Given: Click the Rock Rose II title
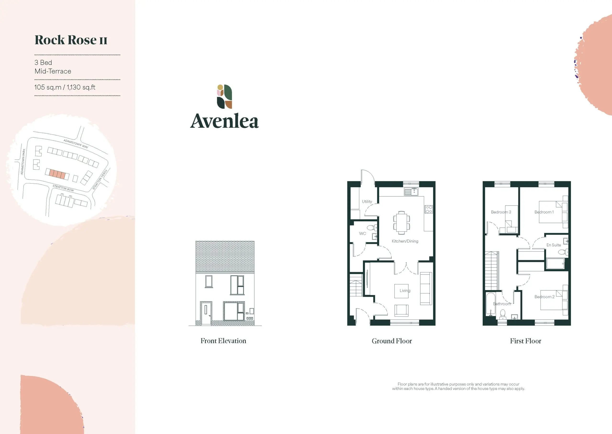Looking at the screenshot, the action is pos(71,40).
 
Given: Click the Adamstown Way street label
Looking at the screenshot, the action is pos(76,144).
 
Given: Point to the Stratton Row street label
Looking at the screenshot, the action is pos(63,188).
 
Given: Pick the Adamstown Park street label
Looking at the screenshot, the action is pos(23,162).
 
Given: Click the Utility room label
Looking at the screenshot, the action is pos(367,202).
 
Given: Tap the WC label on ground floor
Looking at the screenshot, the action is pos(362,234).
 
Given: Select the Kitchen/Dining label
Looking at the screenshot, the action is pos(405,241).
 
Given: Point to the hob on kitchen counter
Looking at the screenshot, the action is pos(429,209).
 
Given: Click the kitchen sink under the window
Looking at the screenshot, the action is pos(411,192).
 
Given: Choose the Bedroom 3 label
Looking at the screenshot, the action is pos(501,212).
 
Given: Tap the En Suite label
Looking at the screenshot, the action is pos(553,245).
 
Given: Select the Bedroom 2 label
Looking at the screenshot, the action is pos(544,297).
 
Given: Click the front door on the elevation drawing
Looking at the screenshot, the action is pos(206,314).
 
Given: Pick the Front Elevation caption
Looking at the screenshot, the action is pos(223,341).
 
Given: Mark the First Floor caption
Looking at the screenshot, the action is pos(525,341).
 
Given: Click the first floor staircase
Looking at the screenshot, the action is pos(492,271).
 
